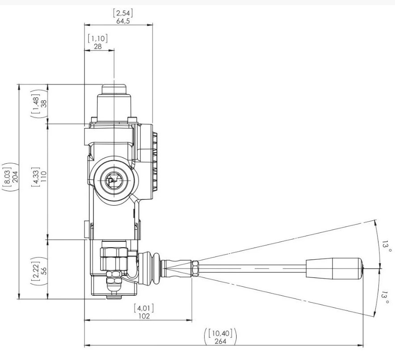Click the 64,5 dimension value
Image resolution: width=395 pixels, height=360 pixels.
pyautogui.click(x=123, y=21)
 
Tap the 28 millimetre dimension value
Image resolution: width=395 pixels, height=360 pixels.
pyautogui.click(x=97, y=46)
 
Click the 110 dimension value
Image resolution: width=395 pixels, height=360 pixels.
pyautogui.click(x=44, y=177)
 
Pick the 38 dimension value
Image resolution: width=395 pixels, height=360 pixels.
pyautogui.click(x=44, y=103)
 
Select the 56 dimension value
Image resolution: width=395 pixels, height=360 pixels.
pyautogui.click(x=44, y=271)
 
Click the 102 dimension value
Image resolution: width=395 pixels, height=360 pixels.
pyautogui.click(x=144, y=316)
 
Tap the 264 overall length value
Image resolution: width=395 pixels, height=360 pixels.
pyautogui.click(x=220, y=341)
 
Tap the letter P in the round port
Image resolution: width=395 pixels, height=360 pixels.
pyautogui.click(x=110, y=182)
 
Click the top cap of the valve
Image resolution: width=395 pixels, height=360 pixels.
pyautogui.click(x=114, y=89)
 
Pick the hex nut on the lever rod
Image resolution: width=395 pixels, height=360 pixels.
pyautogui.click(x=195, y=269)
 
